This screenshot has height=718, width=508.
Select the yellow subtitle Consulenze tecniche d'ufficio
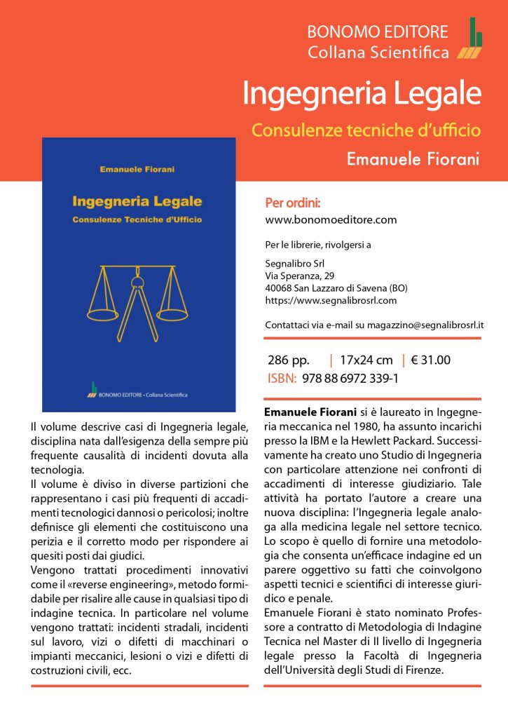[365, 130]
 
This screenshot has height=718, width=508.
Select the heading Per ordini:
[293, 203]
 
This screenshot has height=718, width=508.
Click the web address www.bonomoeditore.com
[331, 219]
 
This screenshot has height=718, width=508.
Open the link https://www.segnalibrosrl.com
[331, 301]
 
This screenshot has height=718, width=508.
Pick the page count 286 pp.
[289, 361]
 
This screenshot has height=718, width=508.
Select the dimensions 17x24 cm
[366, 361]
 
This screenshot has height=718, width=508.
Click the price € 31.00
[431, 361]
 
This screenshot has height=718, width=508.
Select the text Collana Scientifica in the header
[378, 52]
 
